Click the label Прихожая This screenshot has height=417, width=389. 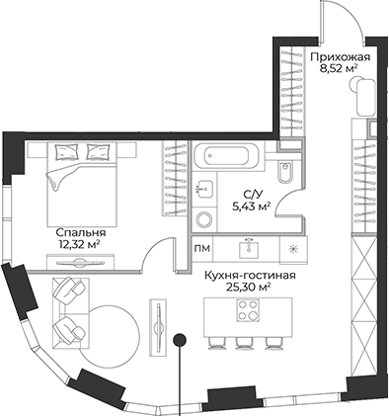[340, 57]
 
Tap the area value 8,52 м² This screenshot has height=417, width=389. [340, 71]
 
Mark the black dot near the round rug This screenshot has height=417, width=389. [180, 340]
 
